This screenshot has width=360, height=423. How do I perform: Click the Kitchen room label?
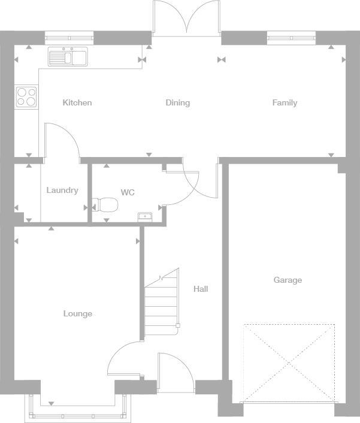[77, 102]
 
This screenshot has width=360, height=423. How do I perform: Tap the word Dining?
[177, 102]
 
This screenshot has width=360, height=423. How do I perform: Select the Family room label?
[285, 102]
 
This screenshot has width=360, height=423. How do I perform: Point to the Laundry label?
[62, 191]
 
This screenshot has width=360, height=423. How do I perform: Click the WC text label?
[128, 192]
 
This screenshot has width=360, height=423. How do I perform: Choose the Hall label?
[201, 289]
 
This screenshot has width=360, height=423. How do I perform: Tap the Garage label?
[288, 280]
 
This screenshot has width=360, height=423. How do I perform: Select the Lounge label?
[78, 313]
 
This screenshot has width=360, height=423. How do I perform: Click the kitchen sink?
[68, 56]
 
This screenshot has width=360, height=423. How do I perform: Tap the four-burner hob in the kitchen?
[26, 96]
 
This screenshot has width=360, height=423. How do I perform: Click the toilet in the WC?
[107, 206]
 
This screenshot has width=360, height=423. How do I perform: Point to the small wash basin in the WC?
[144, 216]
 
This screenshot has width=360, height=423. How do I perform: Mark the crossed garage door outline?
[289, 363]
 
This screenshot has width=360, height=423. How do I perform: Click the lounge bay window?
[78, 411]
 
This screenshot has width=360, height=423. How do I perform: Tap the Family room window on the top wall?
[291, 39]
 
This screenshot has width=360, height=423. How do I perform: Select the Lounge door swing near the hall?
[125, 359]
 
